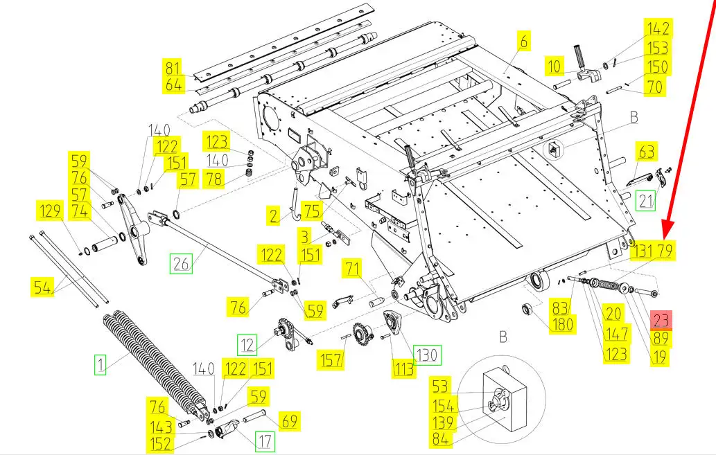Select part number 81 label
(x=173, y=69)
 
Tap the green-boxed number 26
(x=181, y=262)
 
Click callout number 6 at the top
(x=523, y=42)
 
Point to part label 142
(x=658, y=28)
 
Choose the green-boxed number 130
(x=426, y=355)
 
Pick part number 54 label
(x=43, y=286)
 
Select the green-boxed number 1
(x=100, y=364)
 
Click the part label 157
(x=330, y=359)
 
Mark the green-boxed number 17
(x=265, y=440)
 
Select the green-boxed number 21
(x=646, y=201)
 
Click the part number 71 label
(x=354, y=269)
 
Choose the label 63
(x=647, y=152)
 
